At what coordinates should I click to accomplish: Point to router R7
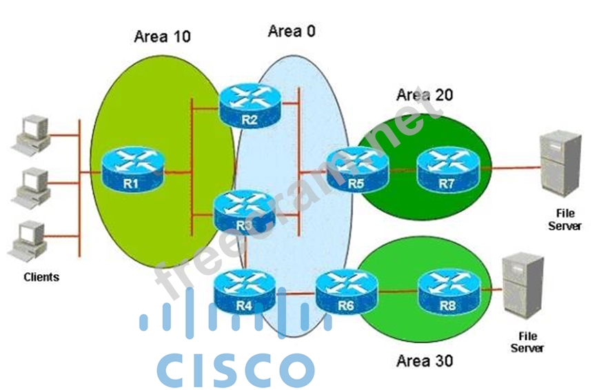[x=447, y=170]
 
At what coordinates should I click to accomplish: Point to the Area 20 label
[x=425, y=94]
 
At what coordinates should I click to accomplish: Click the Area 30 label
[x=425, y=360]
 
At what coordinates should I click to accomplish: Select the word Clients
[x=41, y=277]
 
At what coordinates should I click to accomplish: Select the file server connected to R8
[x=522, y=286]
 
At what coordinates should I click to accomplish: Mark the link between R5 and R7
[x=402, y=167]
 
